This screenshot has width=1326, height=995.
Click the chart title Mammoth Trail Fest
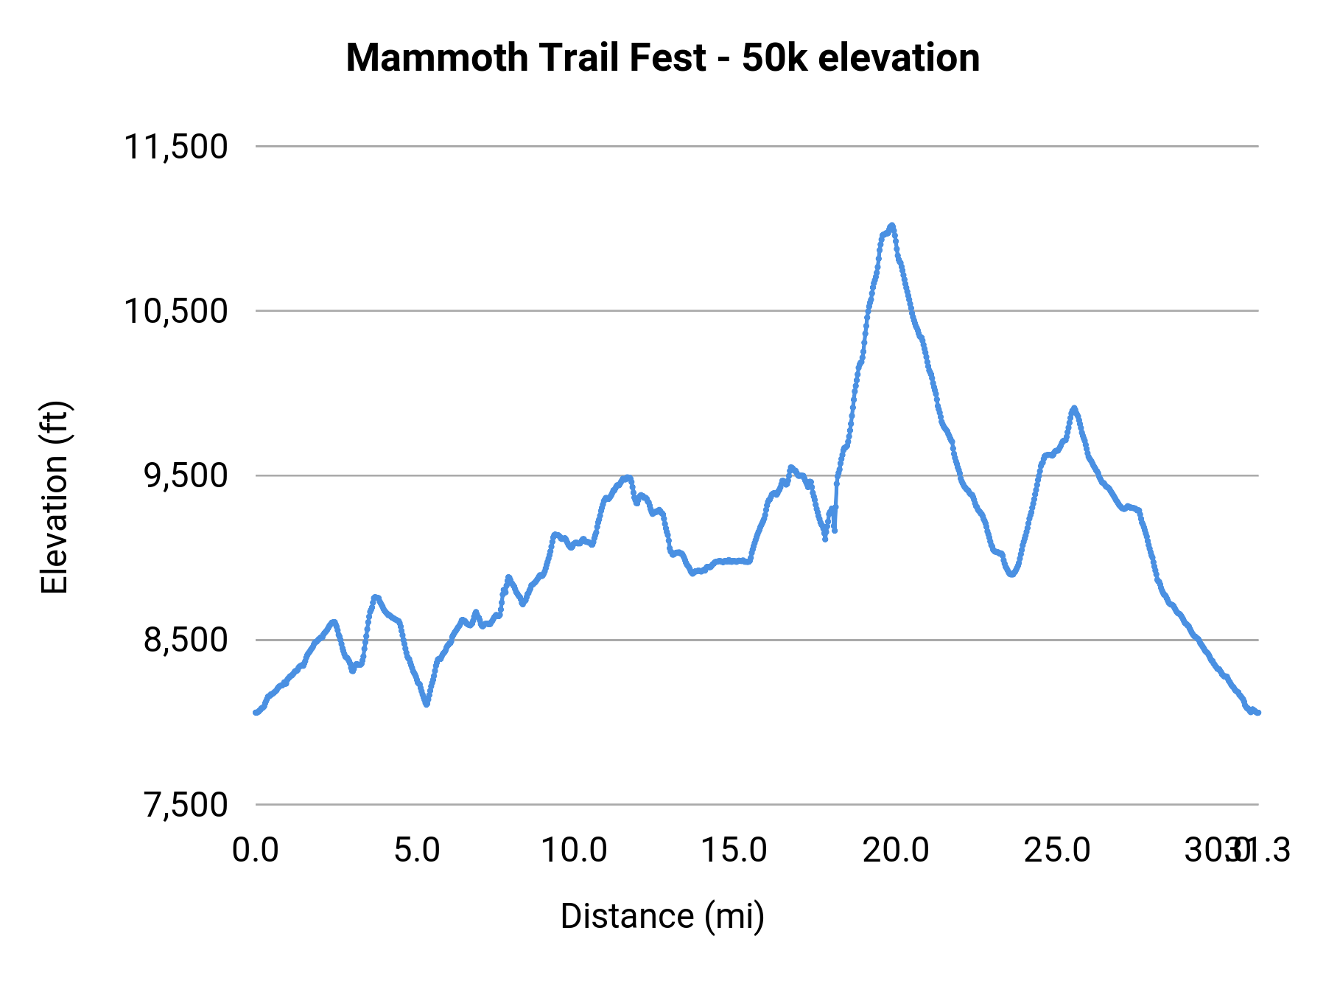pos(526,57)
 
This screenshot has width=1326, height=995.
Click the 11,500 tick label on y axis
pos(175,147)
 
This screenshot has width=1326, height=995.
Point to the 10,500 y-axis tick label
pos(175,311)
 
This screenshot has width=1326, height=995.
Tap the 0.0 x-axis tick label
pos(255,851)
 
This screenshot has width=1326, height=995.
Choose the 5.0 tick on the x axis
pos(416,851)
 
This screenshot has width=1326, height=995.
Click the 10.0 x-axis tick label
pos(574,851)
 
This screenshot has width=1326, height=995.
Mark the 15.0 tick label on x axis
pos(734,851)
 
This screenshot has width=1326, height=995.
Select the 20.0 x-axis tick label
pos(895,851)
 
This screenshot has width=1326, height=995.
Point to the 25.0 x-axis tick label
pos(1056,851)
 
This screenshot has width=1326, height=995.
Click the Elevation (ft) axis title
pos(55,497)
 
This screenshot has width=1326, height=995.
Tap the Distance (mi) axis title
pos(662,916)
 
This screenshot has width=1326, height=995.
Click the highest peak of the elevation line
pos(891,226)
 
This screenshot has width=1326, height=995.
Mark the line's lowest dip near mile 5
pos(427,704)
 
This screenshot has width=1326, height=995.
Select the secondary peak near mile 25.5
pos(1074,408)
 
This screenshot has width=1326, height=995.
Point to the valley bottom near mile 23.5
pos(1012,574)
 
